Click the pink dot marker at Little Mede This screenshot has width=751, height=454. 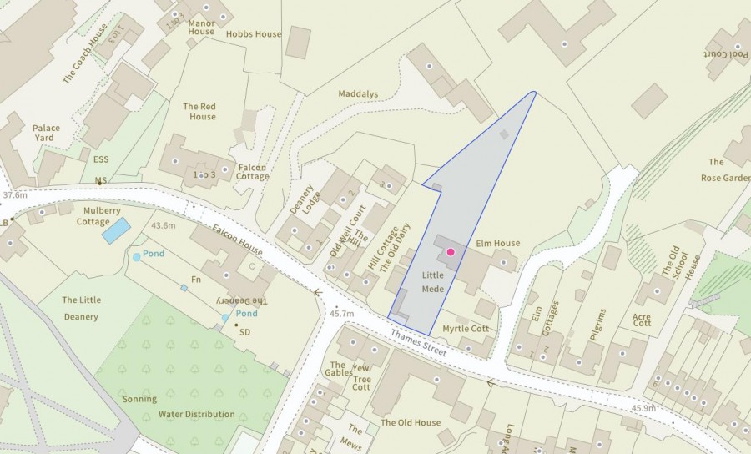451,251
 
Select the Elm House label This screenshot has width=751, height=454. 497,244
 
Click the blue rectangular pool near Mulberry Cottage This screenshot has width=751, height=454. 115,230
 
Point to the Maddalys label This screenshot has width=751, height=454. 360,93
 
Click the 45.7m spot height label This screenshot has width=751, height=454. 341,313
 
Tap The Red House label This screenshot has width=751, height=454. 199,112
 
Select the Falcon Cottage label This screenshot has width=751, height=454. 253,172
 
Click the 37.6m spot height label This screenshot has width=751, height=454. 15,195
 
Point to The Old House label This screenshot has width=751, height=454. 410,423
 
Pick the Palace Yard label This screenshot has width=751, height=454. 47,134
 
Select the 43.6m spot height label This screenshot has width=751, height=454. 163,225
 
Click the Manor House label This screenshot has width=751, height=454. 202,28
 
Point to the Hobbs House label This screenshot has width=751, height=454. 254,34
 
